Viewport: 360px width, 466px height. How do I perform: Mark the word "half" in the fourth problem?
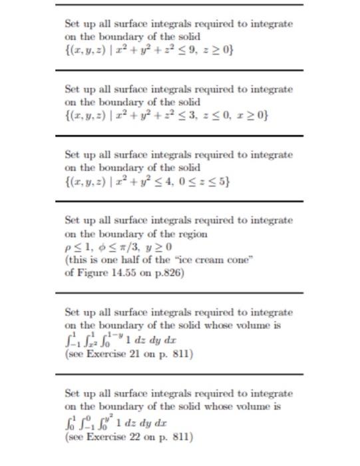pyautogui.click(x=132, y=260)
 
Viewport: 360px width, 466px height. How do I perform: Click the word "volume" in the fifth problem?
pyautogui.click(x=260, y=326)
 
